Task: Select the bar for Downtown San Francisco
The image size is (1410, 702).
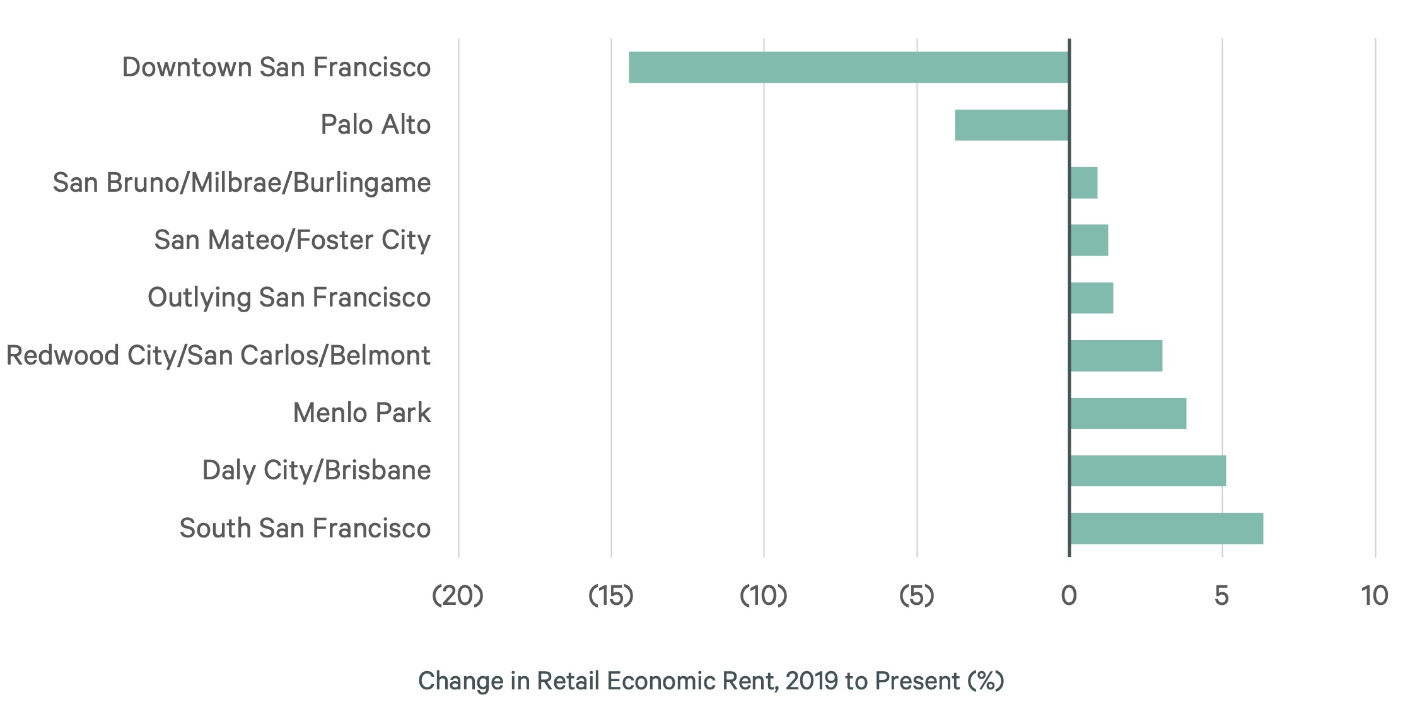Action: pos(849,67)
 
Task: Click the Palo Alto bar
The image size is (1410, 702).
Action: pos(1011,125)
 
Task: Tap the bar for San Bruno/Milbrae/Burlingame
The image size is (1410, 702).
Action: pos(1084,183)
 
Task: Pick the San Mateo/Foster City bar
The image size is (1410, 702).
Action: pos(1089,240)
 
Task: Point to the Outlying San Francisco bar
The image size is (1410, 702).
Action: pos(1092,298)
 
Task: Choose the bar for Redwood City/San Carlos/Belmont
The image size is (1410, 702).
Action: pos(1116,356)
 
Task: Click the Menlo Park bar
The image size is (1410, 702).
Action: pos(1128,413)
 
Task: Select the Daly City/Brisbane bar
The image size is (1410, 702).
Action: pos(1148,471)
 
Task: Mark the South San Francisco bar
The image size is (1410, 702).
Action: pos(1167,529)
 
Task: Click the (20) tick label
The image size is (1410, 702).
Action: pos(458,595)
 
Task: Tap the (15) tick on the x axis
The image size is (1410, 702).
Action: pos(610,595)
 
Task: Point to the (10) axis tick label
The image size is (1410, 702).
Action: pos(764,595)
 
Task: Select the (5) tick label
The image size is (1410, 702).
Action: pos(916,595)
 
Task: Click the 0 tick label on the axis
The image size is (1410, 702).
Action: pos(1069,595)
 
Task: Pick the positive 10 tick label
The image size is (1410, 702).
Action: pos(1374,595)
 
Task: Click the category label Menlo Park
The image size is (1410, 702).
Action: pos(362,413)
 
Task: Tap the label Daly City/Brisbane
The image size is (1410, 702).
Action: pos(317,471)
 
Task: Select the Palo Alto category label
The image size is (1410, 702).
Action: pos(375,125)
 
